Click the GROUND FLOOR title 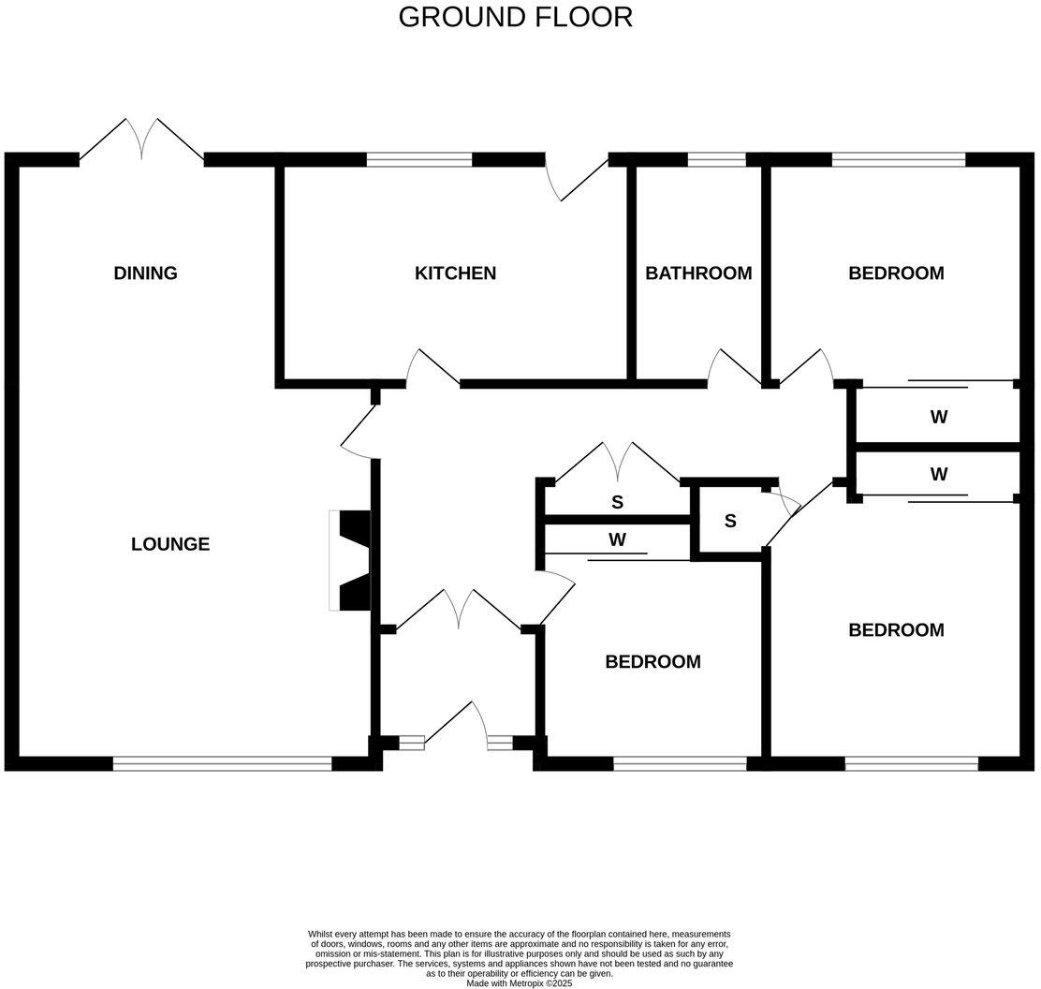[x=515, y=17]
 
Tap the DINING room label [x=145, y=273]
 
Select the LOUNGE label [x=170, y=543]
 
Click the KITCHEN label [x=455, y=273]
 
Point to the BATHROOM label [x=698, y=273]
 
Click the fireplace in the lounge [x=351, y=560]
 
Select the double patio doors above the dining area [x=141, y=140]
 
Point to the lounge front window [x=222, y=764]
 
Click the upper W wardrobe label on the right [x=939, y=418]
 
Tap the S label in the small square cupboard [x=730, y=521]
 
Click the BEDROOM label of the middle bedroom [x=652, y=662]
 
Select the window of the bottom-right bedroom [x=911, y=764]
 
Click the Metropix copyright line [x=519, y=983]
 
